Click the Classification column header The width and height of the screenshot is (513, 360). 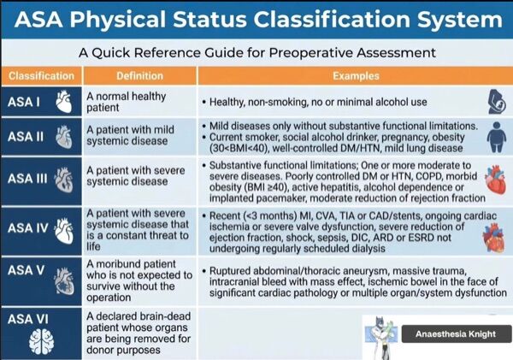[x=42, y=76]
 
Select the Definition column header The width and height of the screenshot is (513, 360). [x=139, y=76]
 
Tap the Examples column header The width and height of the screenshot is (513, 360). [x=356, y=76]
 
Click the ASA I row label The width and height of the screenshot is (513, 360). [x=24, y=102]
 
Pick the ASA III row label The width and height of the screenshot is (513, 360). [x=27, y=179]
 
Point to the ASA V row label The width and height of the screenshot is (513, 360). [x=26, y=270]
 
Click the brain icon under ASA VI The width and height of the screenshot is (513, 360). [x=41, y=342]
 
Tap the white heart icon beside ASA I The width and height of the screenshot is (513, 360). [x=64, y=102]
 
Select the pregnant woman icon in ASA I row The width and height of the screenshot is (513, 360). [x=497, y=102]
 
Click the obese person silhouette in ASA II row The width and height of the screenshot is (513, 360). [x=497, y=137]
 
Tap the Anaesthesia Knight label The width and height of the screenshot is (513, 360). [x=456, y=333]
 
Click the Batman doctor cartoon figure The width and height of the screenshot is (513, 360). [x=382, y=337]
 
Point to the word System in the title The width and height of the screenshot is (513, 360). [x=459, y=20]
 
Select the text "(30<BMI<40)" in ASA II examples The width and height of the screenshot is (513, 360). [x=239, y=148]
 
